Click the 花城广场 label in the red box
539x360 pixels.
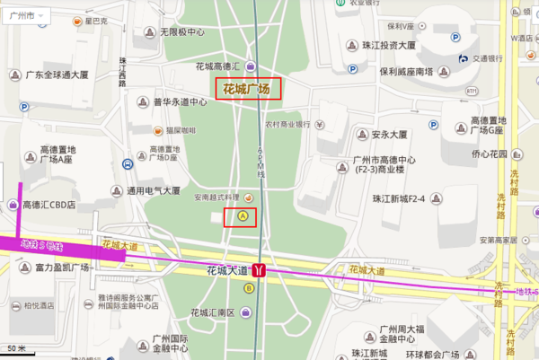click(247, 88)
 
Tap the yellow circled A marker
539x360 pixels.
click(243, 215)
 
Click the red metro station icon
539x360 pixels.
click(260, 268)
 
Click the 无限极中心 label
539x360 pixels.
click(182, 32)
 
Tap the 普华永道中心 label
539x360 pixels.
click(181, 101)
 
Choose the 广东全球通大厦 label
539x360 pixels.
click(57, 75)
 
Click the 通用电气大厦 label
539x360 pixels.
click(154, 190)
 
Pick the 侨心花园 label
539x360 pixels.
click(489, 154)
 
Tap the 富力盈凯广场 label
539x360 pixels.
click(61, 268)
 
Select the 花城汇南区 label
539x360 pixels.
click(213, 312)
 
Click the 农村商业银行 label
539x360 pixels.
click(287, 125)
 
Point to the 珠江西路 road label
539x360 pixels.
click(122, 71)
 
